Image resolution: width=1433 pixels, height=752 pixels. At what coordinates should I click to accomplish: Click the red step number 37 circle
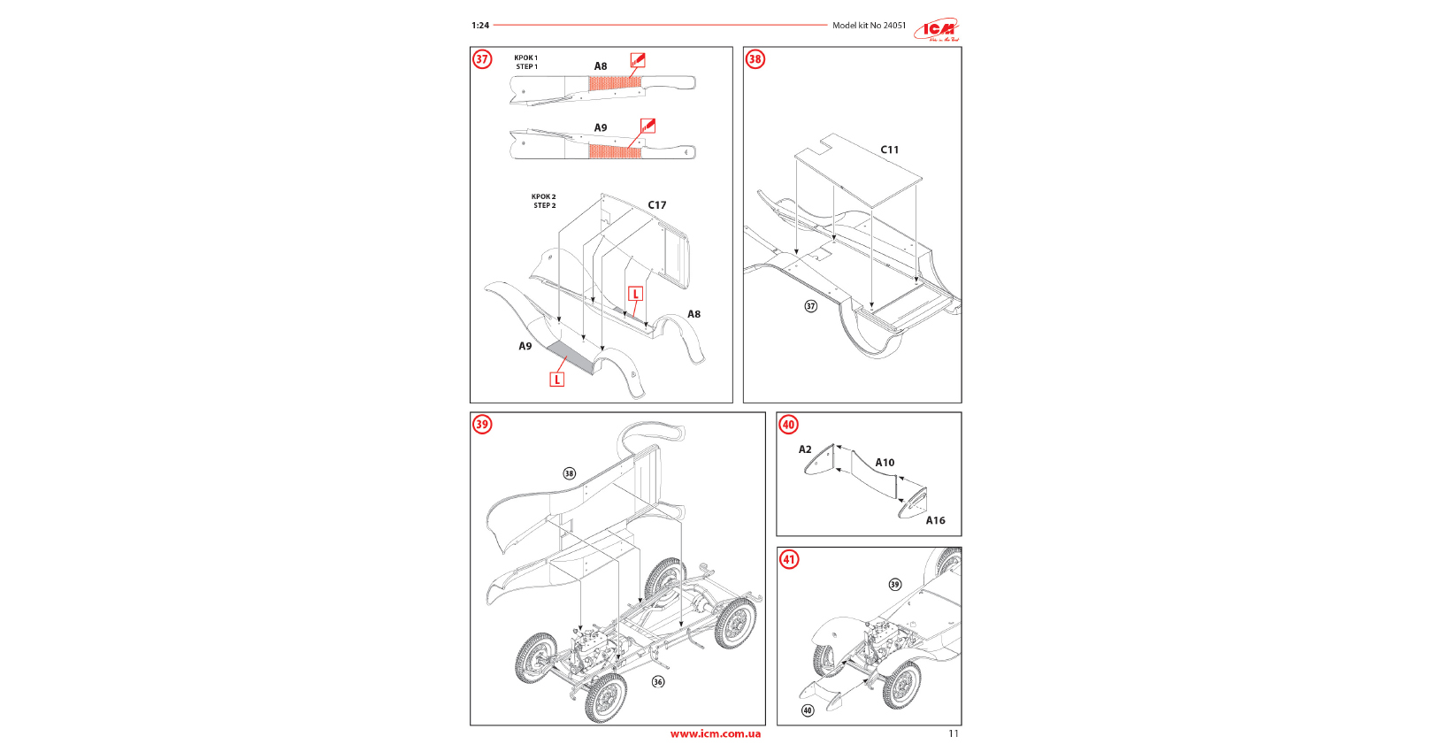click(482, 59)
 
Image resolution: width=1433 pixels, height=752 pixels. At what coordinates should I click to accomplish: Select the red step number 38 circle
click(755, 59)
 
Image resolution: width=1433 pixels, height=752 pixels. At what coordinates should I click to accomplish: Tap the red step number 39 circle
click(482, 425)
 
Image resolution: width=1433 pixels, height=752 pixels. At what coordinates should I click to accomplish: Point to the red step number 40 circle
click(788, 425)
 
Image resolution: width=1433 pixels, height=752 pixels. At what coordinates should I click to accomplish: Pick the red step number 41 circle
click(788, 559)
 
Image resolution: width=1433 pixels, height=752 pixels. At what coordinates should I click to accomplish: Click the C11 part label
click(889, 150)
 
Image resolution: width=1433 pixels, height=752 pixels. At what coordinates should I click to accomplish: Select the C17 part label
click(656, 205)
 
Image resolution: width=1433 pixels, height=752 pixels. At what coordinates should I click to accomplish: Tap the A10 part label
click(885, 463)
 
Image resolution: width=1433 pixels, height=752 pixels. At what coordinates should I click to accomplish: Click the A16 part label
click(935, 521)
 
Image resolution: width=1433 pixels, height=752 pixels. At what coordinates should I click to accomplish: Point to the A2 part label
click(805, 449)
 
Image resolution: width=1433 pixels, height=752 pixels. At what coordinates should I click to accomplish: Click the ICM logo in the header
click(937, 30)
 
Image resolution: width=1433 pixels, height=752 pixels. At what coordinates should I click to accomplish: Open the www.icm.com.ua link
click(715, 733)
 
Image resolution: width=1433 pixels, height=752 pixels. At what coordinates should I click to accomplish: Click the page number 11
click(954, 733)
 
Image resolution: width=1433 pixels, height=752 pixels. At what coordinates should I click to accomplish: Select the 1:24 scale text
click(480, 26)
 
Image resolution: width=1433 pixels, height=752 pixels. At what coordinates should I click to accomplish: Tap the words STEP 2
click(544, 206)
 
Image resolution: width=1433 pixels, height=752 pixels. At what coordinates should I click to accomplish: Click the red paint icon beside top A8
click(638, 60)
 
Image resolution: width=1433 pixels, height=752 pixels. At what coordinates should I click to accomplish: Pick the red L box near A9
click(556, 380)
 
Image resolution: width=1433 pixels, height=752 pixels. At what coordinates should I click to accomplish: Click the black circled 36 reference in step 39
click(658, 682)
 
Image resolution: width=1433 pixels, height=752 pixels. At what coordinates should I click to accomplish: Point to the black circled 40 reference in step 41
click(808, 710)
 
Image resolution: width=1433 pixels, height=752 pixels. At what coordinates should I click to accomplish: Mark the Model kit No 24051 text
click(869, 26)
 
